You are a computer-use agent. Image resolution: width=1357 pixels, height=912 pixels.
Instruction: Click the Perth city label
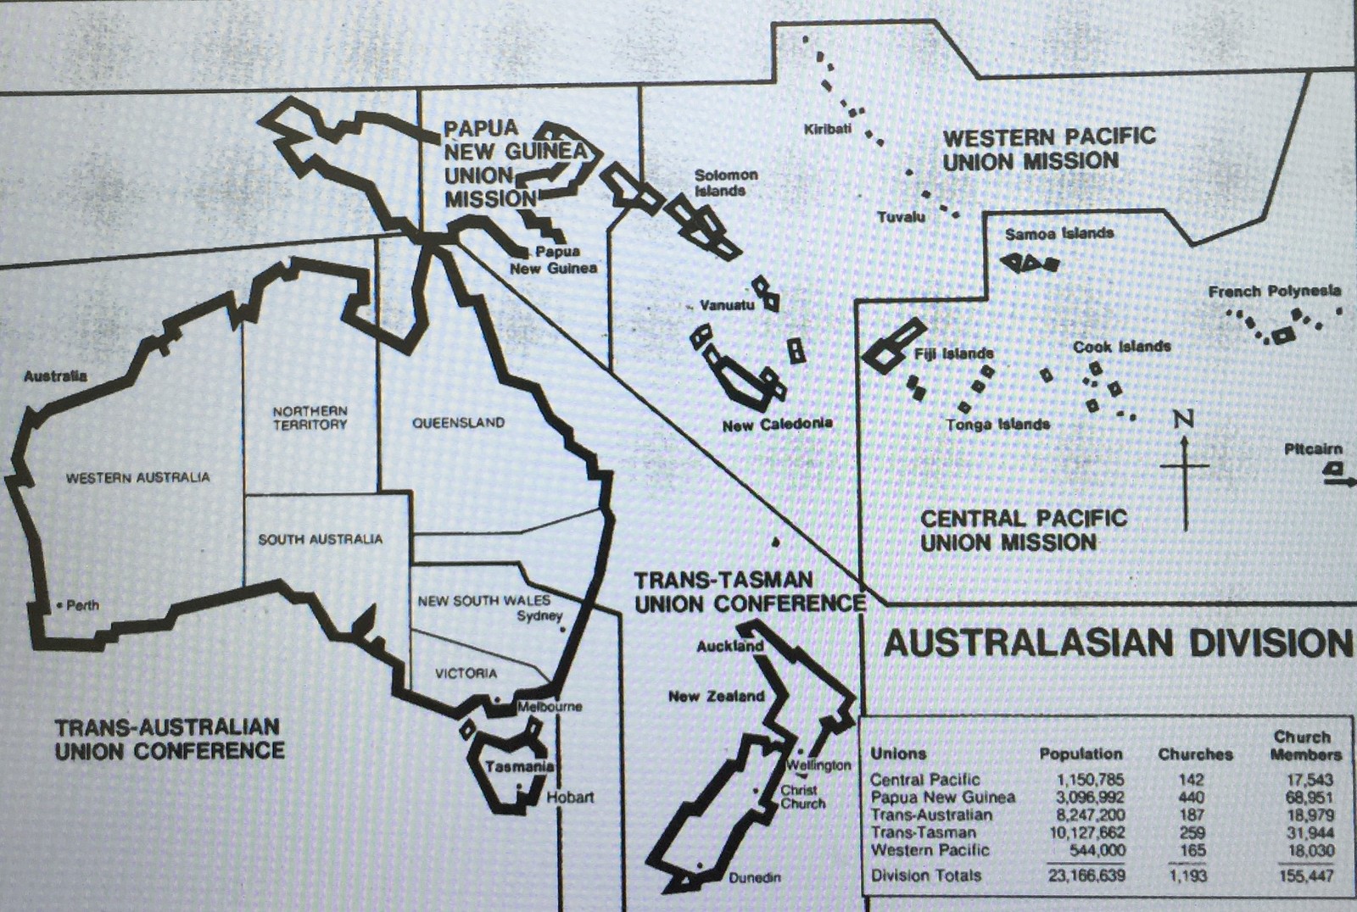point(82,605)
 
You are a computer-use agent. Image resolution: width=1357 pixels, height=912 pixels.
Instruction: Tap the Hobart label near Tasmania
point(569,798)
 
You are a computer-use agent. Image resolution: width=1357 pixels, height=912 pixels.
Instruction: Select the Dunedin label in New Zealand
point(754,877)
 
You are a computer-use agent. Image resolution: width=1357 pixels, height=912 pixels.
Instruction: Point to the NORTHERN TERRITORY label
point(310,418)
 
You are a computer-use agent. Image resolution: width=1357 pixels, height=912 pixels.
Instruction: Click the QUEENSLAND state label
point(458,422)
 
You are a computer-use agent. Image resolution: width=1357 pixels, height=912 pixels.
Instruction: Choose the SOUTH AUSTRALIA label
point(320,539)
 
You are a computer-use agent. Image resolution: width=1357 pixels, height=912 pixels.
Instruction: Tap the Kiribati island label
point(827,129)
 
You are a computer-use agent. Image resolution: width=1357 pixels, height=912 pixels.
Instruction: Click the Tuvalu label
point(901,217)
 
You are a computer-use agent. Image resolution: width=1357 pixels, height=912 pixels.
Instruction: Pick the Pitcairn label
point(1313,448)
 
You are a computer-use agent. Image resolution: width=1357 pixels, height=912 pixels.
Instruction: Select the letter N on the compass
point(1184,419)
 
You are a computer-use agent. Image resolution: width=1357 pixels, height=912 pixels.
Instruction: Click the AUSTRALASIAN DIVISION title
point(1118,643)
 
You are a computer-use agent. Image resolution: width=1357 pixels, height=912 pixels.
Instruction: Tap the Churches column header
point(1195,754)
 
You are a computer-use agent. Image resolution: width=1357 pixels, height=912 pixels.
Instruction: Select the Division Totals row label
point(925,876)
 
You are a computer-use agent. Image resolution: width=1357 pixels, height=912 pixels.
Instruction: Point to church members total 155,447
point(1305,876)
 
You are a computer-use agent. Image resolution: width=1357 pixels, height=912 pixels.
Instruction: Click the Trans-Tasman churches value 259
point(1192,832)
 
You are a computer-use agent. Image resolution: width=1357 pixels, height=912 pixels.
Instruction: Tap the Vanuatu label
point(726,304)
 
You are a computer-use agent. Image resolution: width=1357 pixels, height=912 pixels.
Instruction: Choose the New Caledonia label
point(777,424)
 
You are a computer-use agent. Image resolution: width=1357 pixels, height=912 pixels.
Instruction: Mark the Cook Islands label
point(1121,347)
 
